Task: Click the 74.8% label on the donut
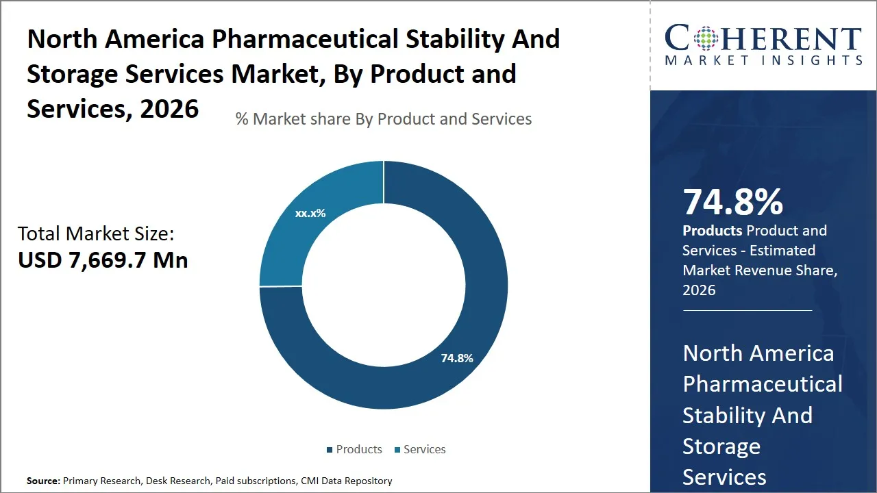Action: (x=457, y=358)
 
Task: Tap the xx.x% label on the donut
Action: (x=310, y=214)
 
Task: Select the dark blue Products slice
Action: (x=473, y=288)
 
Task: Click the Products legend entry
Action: (x=354, y=449)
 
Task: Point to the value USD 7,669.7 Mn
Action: (x=103, y=260)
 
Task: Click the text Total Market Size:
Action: (x=96, y=234)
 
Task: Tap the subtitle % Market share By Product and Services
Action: (x=384, y=119)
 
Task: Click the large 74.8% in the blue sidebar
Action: (x=732, y=202)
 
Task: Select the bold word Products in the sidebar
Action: (x=712, y=231)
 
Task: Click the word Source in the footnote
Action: (x=42, y=481)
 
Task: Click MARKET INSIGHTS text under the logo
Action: (x=763, y=61)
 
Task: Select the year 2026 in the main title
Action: (x=169, y=109)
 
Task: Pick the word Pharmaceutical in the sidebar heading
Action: (x=763, y=384)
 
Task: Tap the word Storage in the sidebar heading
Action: (x=721, y=446)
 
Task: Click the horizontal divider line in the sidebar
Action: (x=747, y=310)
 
